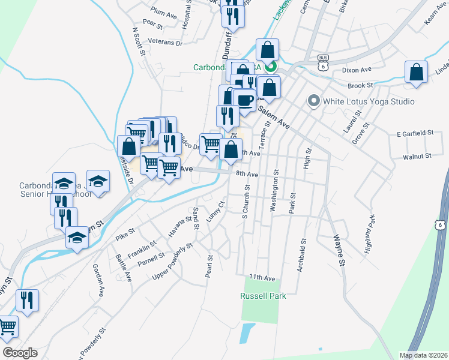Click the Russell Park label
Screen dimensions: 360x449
(x=262, y=296)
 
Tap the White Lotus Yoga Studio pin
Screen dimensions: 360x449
(x=313, y=101)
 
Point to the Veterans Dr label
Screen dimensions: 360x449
(x=166, y=43)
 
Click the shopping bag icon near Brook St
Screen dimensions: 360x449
(x=416, y=73)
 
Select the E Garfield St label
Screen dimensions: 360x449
(x=415, y=133)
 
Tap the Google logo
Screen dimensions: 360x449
(x=19, y=353)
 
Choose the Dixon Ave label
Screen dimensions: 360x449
(x=355, y=70)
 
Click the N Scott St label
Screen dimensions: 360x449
(x=139, y=41)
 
